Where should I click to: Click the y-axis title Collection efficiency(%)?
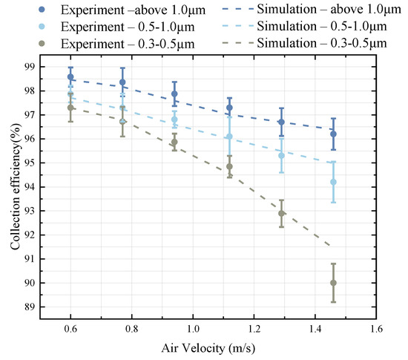16,186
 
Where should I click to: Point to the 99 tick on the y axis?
30,67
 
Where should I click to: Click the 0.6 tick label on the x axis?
70,327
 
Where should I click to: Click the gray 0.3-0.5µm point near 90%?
333,283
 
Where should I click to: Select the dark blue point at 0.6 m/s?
70,76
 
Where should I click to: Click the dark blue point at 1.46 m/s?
333,134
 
